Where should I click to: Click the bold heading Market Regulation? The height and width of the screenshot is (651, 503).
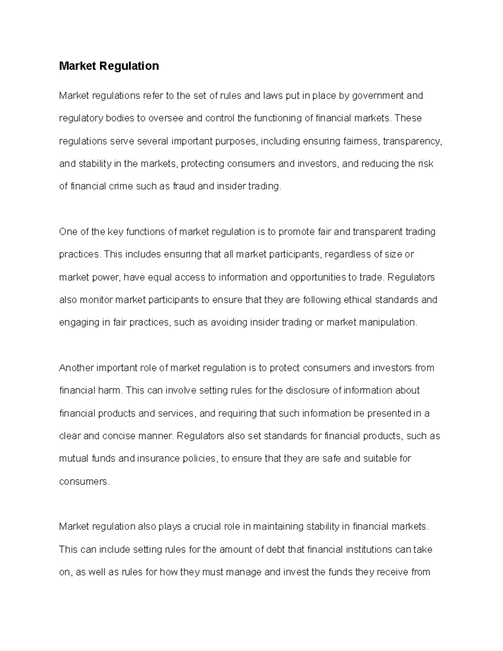pos(109,66)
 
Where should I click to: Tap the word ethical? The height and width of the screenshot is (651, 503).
pos(358,300)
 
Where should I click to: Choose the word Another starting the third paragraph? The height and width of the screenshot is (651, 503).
pos(77,368)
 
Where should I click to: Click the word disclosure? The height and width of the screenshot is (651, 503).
pos(308,391)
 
